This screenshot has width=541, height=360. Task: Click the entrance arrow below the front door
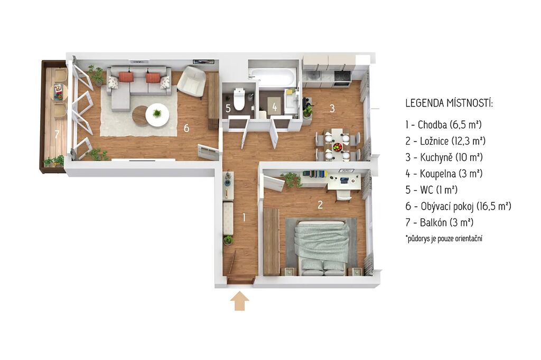(x=240, y=301)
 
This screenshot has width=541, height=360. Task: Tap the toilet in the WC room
(x=239, y=99)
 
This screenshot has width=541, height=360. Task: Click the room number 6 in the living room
(x=186, y=128)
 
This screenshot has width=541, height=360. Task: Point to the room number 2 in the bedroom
(x=320, y=205)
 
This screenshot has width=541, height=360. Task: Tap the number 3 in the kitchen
(x=332, y=108)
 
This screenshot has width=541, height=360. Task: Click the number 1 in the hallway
(x=244, y=217)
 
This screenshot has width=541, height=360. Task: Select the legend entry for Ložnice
(x=445, y=141)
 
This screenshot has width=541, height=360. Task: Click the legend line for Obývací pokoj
(x=458, y=206)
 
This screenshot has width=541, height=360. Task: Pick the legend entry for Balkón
(x=439, y=222)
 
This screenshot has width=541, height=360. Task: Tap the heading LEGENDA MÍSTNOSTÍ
(x=449, y=103)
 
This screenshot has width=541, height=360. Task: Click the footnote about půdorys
(x=444, y=239)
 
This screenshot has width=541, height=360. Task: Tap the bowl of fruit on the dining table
(x=338, y=147)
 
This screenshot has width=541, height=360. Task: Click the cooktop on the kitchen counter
(x=342, y=78)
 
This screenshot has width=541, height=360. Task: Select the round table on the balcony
(x=59, y=92)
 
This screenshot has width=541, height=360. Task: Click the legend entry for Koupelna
(x=444, y=174)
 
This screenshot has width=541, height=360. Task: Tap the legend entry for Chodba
(x=443, y=125)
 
